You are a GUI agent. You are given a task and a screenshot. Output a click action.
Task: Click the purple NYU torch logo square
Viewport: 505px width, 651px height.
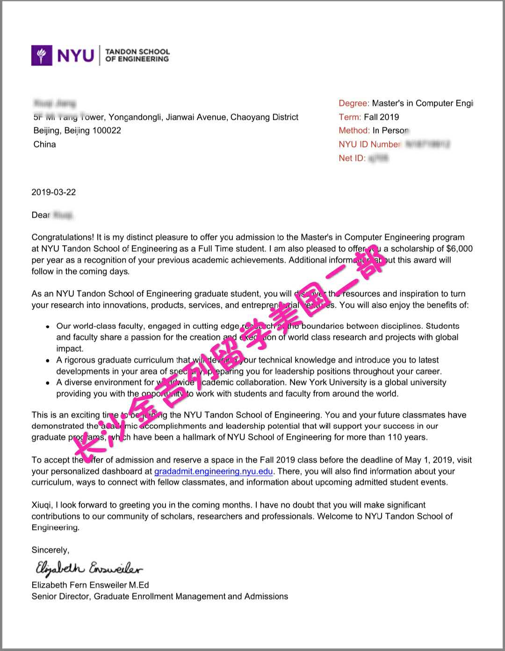(42, 55)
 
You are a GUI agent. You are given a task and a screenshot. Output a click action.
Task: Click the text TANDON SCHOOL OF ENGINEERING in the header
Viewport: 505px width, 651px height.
(137, 55)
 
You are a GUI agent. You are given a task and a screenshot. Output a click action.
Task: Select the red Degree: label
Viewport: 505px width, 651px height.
(353, 103)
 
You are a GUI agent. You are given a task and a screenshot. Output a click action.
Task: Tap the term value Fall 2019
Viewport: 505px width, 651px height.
(382, 117)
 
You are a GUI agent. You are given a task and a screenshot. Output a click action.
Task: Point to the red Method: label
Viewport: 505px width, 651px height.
(354, 130)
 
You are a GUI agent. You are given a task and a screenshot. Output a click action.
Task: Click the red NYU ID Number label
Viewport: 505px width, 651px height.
(369, 144)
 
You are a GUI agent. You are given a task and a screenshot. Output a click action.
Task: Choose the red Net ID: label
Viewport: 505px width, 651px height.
(352, 158)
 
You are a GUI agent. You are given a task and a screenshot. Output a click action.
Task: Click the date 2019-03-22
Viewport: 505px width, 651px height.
(53, 192)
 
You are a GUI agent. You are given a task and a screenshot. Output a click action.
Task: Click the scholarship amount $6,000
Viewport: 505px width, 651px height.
(459, 249)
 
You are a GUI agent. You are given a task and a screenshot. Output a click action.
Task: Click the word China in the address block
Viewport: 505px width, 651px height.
(44, 144)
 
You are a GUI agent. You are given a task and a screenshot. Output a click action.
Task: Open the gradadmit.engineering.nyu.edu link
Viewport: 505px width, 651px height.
(213, 471)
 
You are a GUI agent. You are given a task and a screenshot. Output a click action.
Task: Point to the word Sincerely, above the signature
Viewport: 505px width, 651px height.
(50, 550)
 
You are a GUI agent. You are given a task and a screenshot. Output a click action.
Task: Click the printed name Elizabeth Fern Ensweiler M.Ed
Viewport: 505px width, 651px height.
(90, 585)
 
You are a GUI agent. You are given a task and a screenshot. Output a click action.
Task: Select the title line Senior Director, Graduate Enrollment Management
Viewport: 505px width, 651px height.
(159, 596)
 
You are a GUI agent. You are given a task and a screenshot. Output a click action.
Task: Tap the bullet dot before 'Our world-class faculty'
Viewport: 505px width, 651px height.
(48, 327)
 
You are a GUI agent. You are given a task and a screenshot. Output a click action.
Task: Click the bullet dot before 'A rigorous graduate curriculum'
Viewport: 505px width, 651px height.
(48, 361)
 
